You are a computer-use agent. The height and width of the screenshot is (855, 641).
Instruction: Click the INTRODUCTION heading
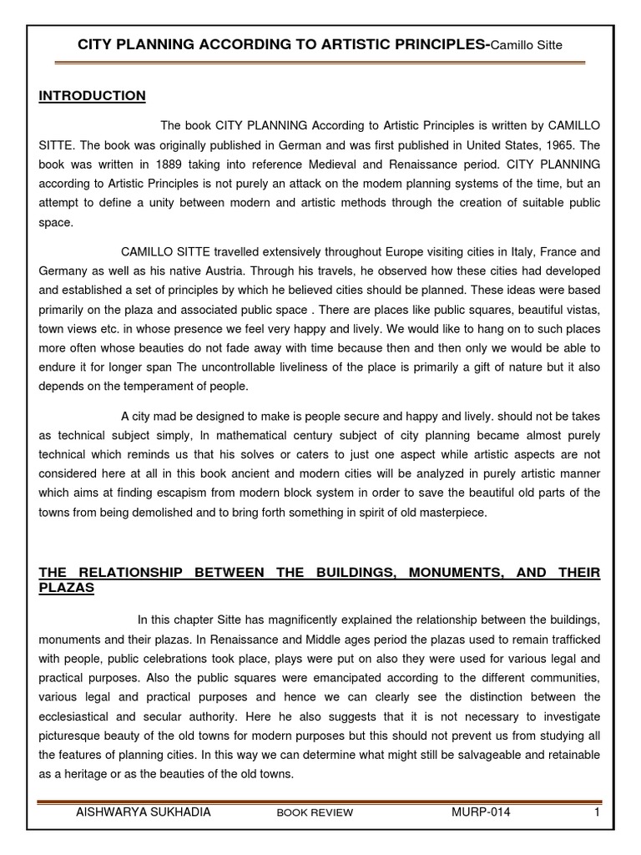(93, 96)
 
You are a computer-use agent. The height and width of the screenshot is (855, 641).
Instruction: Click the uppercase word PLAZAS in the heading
(67, 588)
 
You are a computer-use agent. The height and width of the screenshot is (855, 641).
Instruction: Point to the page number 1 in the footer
(593, 811)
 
